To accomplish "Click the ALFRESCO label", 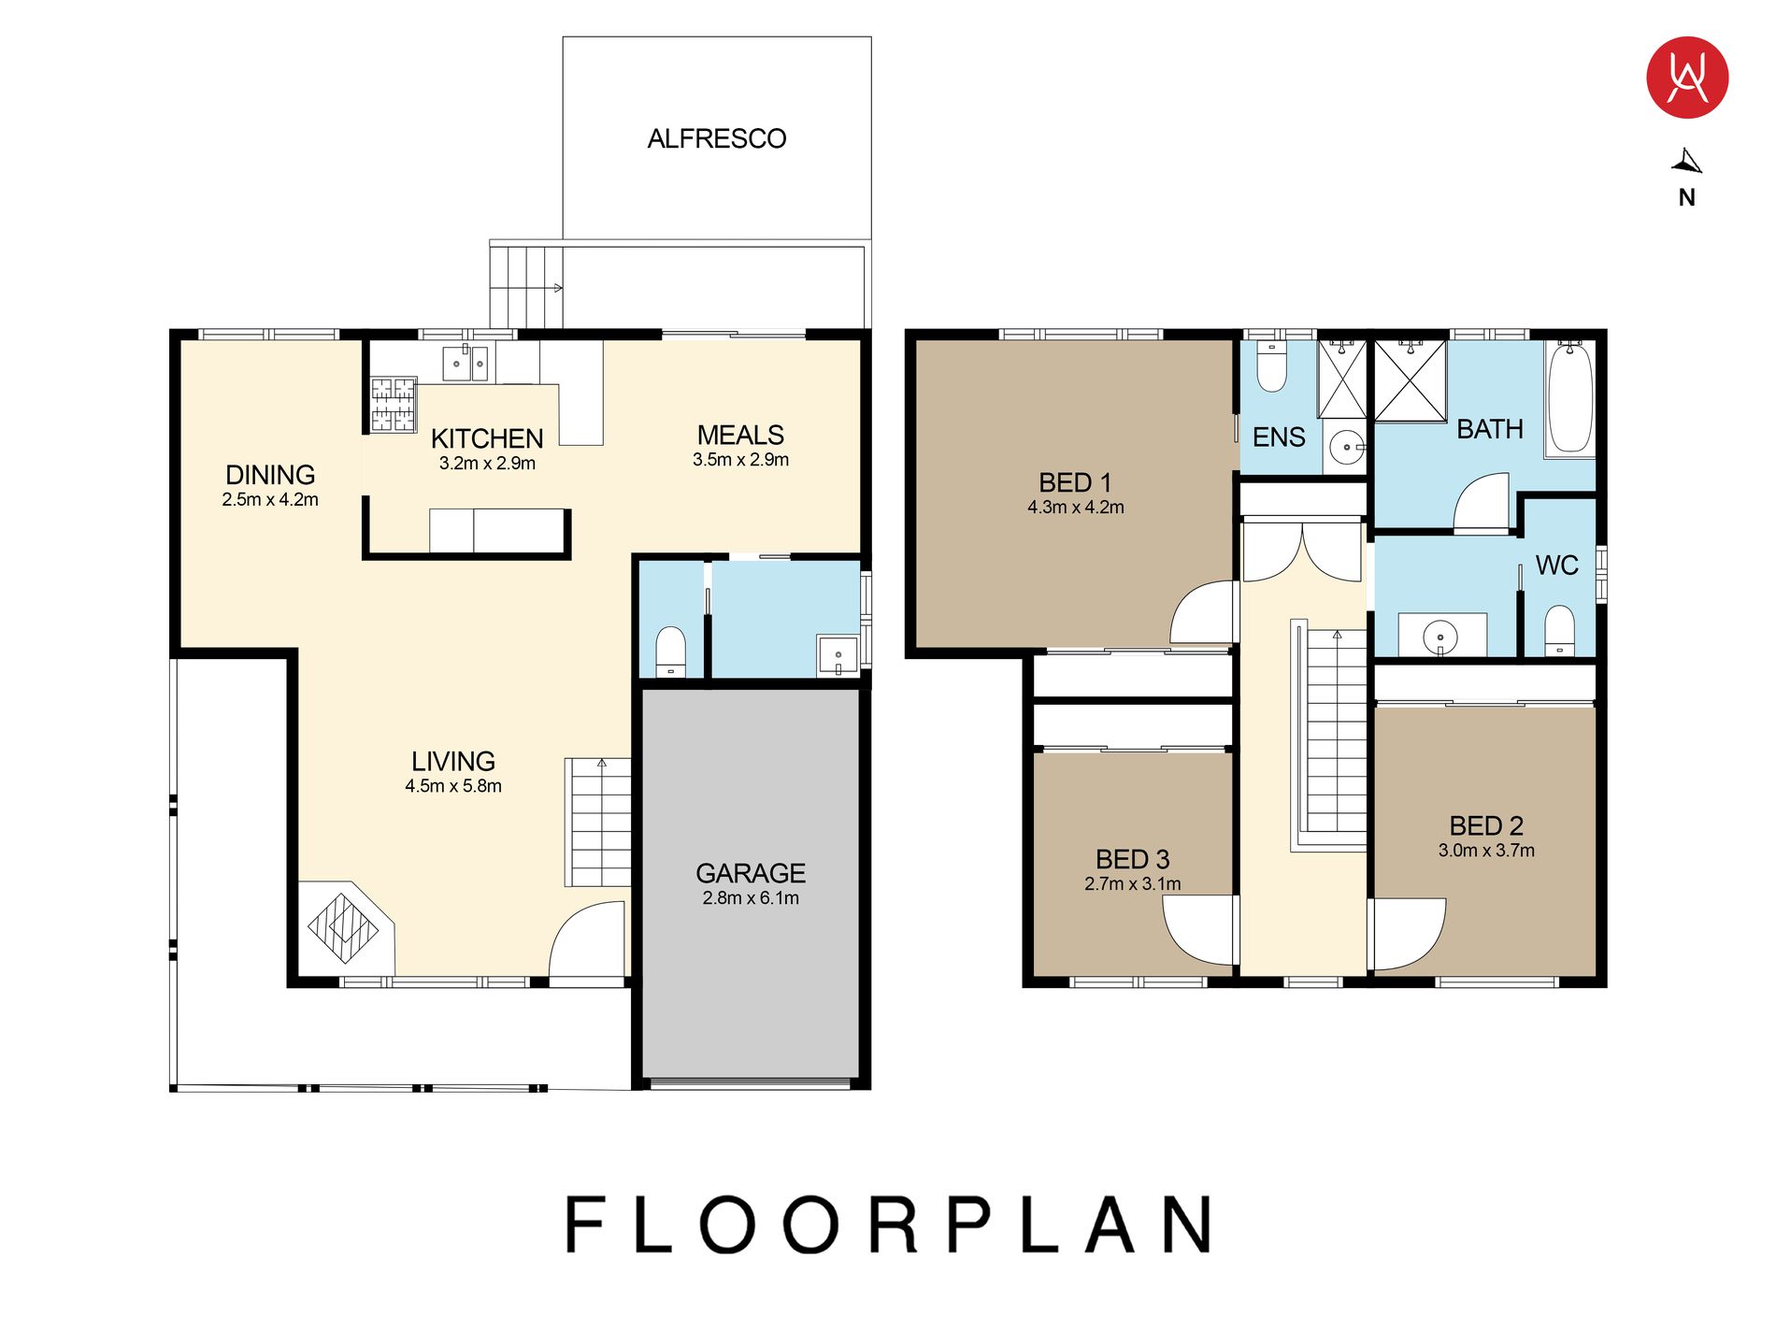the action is [717, 139].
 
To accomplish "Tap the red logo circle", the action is [1687, 78].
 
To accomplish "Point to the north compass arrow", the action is [1687, 162].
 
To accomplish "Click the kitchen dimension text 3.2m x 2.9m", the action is [487, 464].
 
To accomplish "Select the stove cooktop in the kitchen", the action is [394, 404].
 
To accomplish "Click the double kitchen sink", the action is [465, 363].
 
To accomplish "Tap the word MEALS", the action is [740, 436].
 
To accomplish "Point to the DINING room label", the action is [270, 475].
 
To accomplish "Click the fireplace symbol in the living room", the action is [343, 928].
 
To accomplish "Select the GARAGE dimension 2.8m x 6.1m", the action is [751, 898].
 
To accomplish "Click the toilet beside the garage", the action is [670, 651].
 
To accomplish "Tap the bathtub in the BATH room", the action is [1569, 399].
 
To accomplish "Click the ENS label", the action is [1279, 437].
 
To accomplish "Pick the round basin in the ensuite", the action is [1346, 448].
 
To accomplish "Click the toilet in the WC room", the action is [1559, 630].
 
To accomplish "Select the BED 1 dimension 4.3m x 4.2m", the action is [1076, 508].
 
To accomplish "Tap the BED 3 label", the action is [1133, 860].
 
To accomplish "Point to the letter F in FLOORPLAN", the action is [587, 1225].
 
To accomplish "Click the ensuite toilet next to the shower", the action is [1272, 365].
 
